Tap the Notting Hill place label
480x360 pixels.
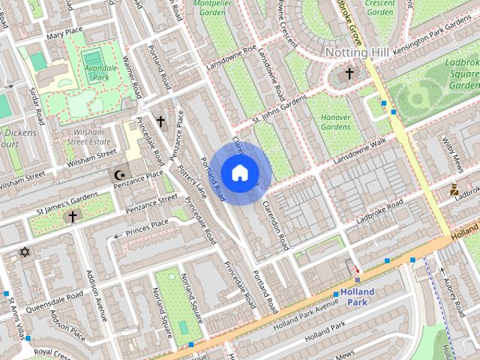357,52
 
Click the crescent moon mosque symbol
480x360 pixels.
118,175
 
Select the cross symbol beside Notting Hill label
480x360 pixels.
349,73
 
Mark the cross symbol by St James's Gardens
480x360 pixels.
72,217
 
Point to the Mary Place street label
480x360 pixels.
64,35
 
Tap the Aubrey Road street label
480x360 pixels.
455,296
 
